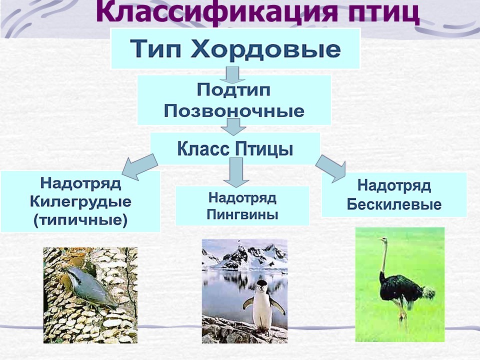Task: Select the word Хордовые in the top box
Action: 265,48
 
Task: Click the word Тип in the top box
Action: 155,48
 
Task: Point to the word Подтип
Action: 233,90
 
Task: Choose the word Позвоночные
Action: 234,110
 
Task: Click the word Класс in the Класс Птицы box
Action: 203,149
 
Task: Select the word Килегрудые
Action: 80,202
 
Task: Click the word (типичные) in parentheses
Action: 80,220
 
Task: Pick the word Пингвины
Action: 242,214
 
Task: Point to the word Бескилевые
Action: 394,204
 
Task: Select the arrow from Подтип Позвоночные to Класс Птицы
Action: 233,126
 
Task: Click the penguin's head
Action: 261,285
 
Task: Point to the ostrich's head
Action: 382,239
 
